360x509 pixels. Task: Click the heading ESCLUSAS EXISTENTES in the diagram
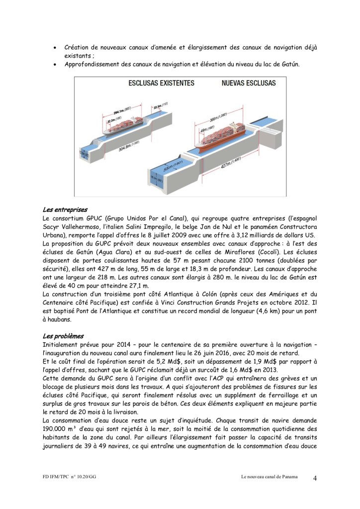162,83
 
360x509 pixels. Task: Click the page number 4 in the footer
315,479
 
